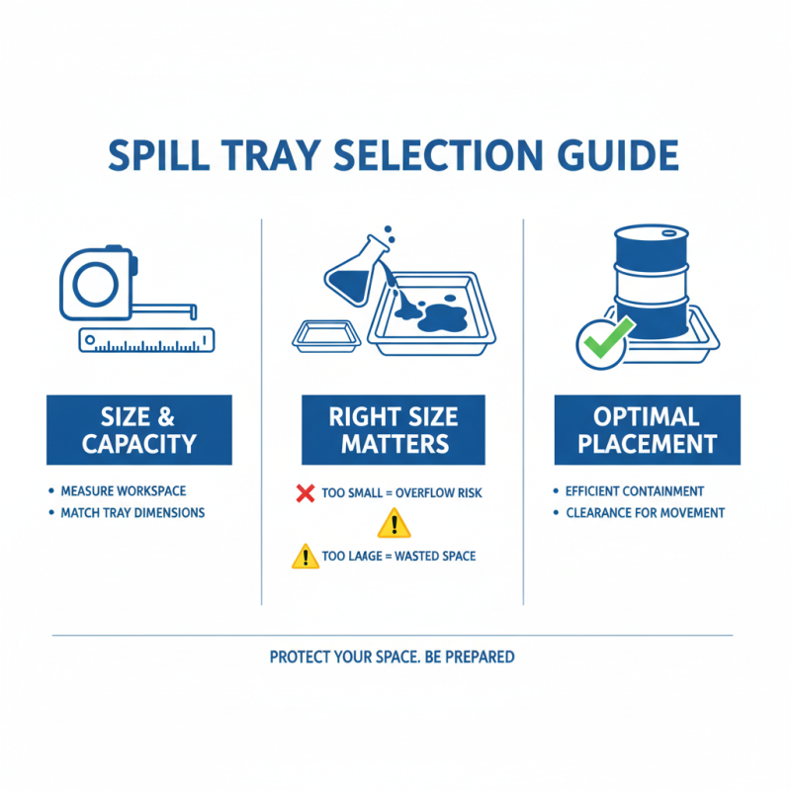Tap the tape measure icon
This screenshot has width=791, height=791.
(97, 284)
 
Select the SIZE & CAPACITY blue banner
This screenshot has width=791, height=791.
(138, 430)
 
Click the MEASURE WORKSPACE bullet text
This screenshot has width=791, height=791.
(123, 491)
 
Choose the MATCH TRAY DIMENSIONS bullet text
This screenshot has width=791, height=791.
(132, 513)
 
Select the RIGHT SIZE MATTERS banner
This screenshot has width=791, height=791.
(394, 430)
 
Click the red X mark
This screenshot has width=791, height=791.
(306, 491)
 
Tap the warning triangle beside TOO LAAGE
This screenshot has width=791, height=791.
(306, 557)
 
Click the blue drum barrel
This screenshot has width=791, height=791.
(651, 282)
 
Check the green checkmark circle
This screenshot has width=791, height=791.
(602, 343)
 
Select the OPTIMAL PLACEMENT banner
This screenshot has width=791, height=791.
(647, 430)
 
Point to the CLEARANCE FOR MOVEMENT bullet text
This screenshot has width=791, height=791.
(645, 513)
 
